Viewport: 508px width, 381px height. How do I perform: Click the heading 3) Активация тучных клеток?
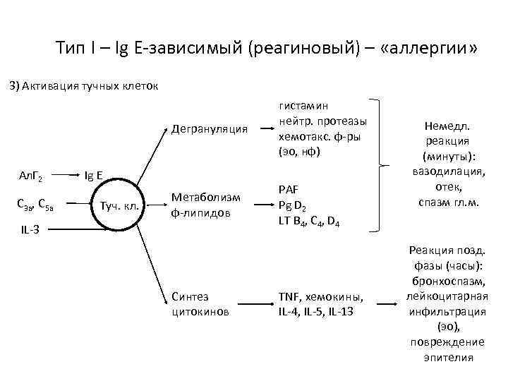(82, 86)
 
